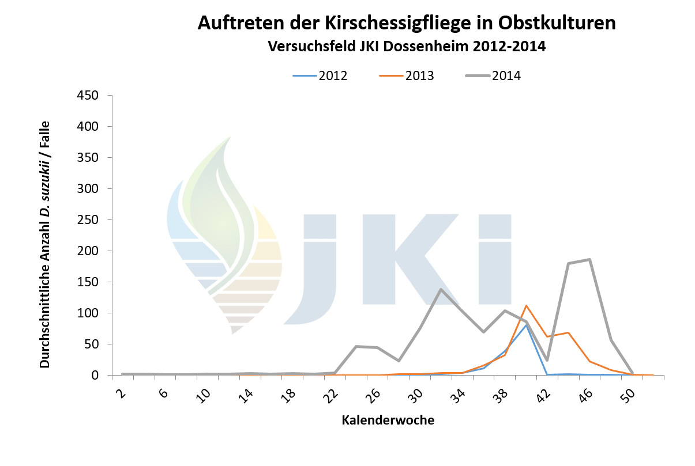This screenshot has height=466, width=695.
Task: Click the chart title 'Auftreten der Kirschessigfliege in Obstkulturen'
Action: pyautogui.click(x=407, y=23)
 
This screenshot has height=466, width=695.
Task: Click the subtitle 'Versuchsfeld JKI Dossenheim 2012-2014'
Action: pyautogui.click(x=407, y=47)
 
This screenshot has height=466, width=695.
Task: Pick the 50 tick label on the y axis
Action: pyautogui.click(x=94, y=344)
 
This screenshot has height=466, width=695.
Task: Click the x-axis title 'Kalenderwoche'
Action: pyautogui.click(x=388, y=420)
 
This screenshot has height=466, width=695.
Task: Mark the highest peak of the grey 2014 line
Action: pyautogui.click(x=589, y=260)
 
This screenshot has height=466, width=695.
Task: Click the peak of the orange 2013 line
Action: pyautogui.click(x=526, y=306)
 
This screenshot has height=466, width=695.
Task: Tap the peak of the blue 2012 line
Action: pyautogui.click(x=526, y=325)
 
